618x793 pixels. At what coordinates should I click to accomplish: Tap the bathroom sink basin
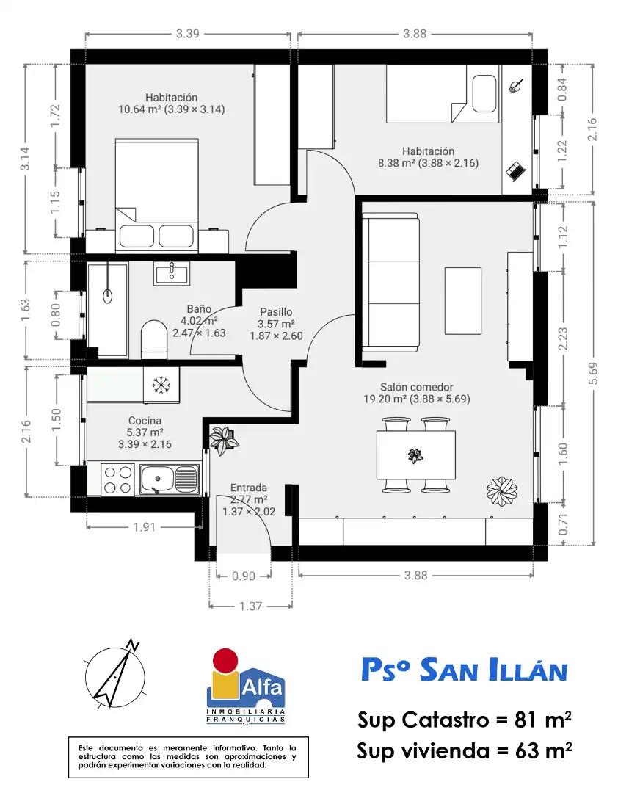coord(172,275)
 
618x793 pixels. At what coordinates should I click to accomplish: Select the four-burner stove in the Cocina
coord(118,479)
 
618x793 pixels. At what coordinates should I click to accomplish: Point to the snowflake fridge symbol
coord(161,385)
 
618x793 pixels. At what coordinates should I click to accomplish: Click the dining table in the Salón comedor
coord(415,455)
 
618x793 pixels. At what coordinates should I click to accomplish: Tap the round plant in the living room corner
coord(502,490)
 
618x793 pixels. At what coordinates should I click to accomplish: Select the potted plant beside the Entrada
coord(222,440)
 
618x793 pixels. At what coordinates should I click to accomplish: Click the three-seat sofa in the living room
coord(390,282)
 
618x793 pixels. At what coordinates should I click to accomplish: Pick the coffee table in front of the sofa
coord(462,300)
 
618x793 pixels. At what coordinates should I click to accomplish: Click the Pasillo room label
coord(276,312)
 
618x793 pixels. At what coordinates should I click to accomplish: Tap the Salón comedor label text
coord(417,387)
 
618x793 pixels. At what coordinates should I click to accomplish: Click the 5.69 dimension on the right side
coord(593,373)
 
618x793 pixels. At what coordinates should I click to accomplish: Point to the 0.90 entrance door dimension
coord(243,576)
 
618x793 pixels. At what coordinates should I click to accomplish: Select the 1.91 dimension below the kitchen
coord(144,527)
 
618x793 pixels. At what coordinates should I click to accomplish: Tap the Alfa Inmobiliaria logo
coord(246,687)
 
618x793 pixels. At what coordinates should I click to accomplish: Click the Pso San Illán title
coord(465,670)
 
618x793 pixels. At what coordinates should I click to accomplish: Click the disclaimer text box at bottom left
coord(188,757)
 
